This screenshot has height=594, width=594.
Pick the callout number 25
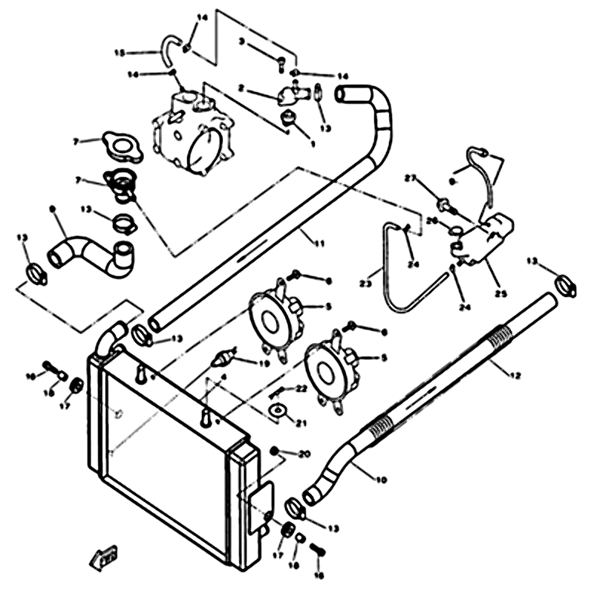tap(501, 294)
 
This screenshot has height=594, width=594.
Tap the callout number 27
tap(409, 178)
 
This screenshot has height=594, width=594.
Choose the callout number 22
tap(301, 388)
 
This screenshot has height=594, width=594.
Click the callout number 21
tap(301, 423)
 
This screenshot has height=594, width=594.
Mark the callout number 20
tap(303, 453)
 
